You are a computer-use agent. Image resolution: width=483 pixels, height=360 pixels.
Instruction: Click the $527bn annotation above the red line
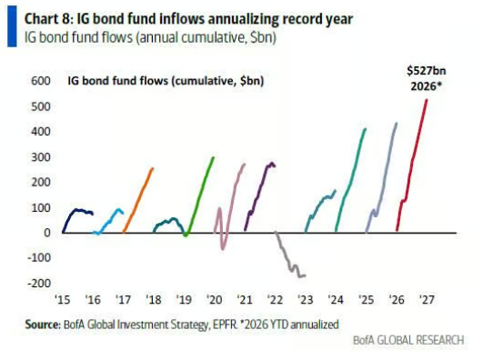426,71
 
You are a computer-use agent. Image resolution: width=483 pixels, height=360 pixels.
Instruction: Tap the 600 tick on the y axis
41,81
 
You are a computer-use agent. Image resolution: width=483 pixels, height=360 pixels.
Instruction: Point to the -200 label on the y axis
39,283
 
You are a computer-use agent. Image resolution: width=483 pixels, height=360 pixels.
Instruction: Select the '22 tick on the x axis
275,299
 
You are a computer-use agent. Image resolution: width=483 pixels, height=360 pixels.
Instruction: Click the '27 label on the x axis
427,299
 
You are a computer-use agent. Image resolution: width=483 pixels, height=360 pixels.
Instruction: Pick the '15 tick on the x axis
63,299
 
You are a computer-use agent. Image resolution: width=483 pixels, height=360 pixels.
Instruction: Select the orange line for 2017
137,201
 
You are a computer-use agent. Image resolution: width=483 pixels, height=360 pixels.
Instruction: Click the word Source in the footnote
43,325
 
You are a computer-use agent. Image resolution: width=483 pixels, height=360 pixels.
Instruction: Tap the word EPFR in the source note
228,325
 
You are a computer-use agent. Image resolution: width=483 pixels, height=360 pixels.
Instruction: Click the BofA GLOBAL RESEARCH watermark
408,340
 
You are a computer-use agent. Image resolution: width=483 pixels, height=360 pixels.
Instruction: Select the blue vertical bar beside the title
12,26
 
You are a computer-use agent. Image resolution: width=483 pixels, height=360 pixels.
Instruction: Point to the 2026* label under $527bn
426,86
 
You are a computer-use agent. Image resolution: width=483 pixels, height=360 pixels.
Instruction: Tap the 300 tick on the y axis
41,157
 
